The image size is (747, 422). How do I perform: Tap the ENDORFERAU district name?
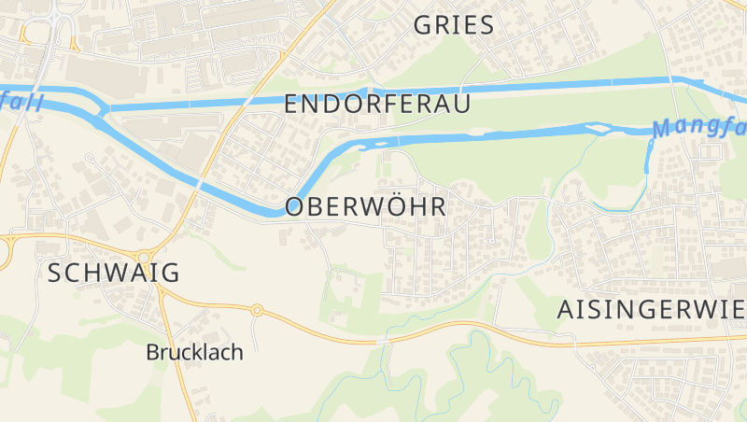point(377,105)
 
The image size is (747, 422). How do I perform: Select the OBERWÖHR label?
point(366,206)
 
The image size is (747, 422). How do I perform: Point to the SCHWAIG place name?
point(112,273)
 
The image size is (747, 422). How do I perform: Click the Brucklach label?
point(194,352)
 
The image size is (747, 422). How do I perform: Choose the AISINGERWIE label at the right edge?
point(651,310)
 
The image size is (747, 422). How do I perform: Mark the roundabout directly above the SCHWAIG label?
point(144,258)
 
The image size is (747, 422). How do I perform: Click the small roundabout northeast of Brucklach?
point(257,310)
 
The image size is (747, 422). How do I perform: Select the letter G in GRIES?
point(424,25)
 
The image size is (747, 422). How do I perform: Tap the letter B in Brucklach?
point(152,352)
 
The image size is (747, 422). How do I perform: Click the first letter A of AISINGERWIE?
point(566,310)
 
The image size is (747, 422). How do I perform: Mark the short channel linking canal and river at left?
point(102,111)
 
